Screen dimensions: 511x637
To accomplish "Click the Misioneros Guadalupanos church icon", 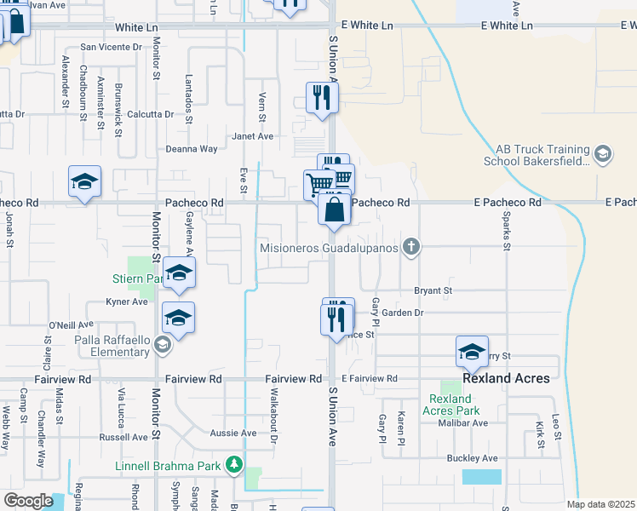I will click(411, 248).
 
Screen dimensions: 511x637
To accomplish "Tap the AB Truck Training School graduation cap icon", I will click(603, 153).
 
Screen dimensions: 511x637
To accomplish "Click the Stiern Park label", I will click(136, 278).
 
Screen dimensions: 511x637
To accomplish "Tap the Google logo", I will click(28, 500).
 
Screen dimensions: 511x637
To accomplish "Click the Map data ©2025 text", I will click(600, 503).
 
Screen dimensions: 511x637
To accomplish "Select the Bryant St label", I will click(433, 290).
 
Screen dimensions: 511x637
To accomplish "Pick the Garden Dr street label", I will click(402, 313).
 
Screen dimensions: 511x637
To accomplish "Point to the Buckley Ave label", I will click(472, 458).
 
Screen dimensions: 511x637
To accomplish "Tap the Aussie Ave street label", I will click(232, 433).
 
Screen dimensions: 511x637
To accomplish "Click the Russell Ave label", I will click(124, 437).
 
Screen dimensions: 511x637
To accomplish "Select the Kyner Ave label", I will click(127, 301).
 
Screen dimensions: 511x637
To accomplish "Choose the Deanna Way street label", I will click(192, 148).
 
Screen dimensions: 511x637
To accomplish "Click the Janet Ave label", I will click(254, 136).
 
